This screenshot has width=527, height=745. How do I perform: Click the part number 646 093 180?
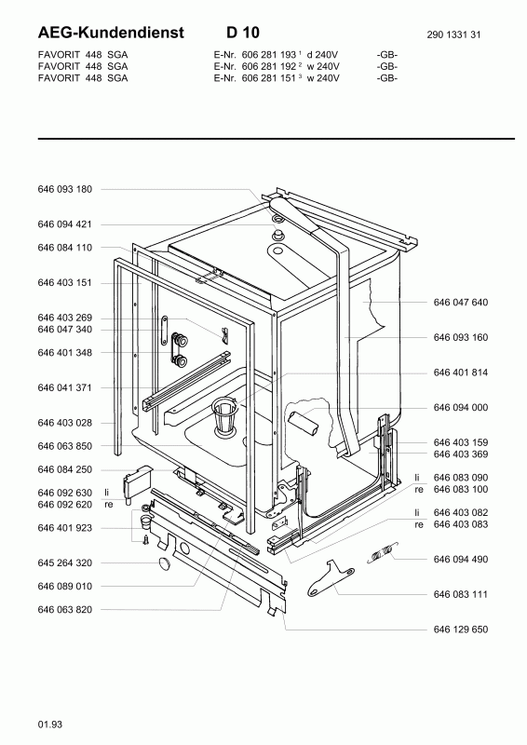click(x=64, y=189)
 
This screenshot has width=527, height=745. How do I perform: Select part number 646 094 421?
click(x=64, y=224)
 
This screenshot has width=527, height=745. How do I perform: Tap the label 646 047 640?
click(x=461, y=302)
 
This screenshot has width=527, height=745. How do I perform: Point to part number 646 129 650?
click(x=461, y=630)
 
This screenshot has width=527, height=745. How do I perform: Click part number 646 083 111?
click(x=461, y=594)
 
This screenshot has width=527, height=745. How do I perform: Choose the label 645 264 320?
click(x=64, y=563)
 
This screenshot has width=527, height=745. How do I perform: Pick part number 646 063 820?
click(x=64, y=610)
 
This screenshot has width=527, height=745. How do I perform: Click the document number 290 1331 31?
click(x=453, y=34)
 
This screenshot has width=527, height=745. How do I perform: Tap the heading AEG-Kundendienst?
click(x=111, y=33)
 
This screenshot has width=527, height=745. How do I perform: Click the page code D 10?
click(x=243, y=33)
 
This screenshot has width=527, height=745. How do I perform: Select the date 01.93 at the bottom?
click(x=50, y=725)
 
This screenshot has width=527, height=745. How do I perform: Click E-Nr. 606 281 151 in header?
click(x=255, y=78)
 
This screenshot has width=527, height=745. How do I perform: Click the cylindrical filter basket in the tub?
click(x=224, y=416)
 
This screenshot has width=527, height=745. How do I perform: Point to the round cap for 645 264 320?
click(x=165, y=563)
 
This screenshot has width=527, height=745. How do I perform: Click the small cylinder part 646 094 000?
click(x=304, y=424)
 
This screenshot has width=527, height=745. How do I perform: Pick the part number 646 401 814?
click(x=461, y=372)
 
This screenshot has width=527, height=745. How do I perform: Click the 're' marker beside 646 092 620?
click(x=109, y=505)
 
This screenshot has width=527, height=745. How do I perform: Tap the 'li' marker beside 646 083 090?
click(x=417, y=478)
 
